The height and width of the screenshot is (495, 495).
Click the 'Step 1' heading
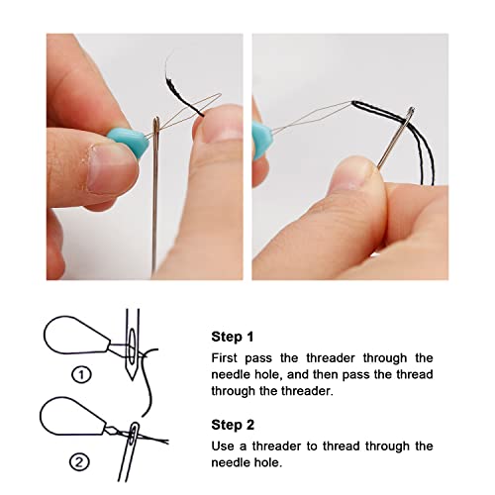[233, 336]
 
